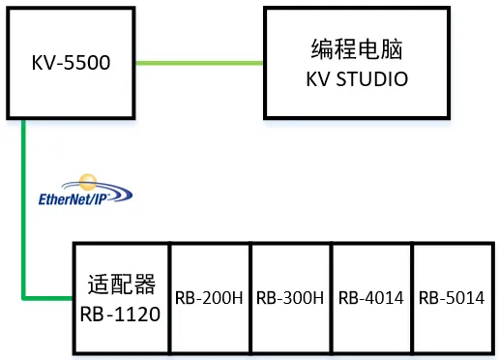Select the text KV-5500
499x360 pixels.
tap(70, 65)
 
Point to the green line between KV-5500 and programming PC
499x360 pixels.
tap(200, 64)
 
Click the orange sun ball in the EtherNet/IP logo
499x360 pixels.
tap(88, 180)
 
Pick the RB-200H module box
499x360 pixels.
tap(210, 319)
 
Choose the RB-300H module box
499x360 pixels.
tap(290, 319)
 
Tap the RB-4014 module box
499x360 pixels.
tap(371, 319)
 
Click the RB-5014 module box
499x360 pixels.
tap(452, 319)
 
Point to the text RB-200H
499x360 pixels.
tap(210, 298)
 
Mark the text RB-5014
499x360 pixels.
tap(452, 298)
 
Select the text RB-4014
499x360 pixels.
tap(371, 298)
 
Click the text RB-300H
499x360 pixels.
tap(290, 298)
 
